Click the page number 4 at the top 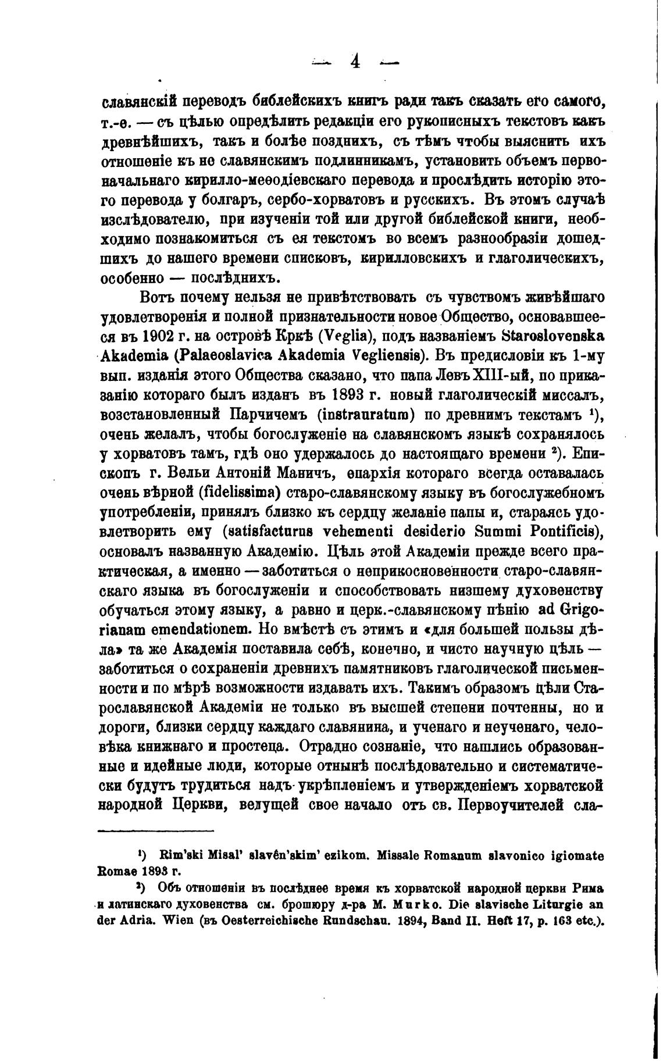355,61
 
